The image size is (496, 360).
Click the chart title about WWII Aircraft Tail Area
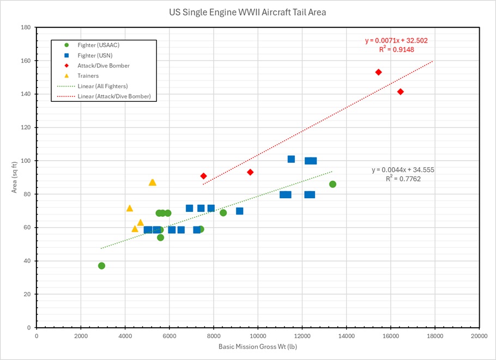(247, 12)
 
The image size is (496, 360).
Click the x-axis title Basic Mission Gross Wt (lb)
(257, 346)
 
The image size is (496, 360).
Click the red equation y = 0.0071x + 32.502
(400, 40)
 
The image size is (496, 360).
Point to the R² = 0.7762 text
(403, 179)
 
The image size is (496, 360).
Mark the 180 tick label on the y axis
(25, 27)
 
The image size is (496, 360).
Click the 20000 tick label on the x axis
(479, 336)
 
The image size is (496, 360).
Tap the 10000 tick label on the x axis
(258, 336)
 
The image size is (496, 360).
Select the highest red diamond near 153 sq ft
(378, 72)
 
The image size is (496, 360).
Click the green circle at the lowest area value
(101, 266)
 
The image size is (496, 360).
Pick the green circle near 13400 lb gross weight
(332, 184)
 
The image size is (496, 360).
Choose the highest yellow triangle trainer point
(152, 182)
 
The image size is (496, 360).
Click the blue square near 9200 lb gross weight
(239, 211)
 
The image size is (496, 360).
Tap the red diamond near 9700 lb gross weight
(250, 172)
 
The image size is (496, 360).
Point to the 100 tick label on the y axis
(25, 161)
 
